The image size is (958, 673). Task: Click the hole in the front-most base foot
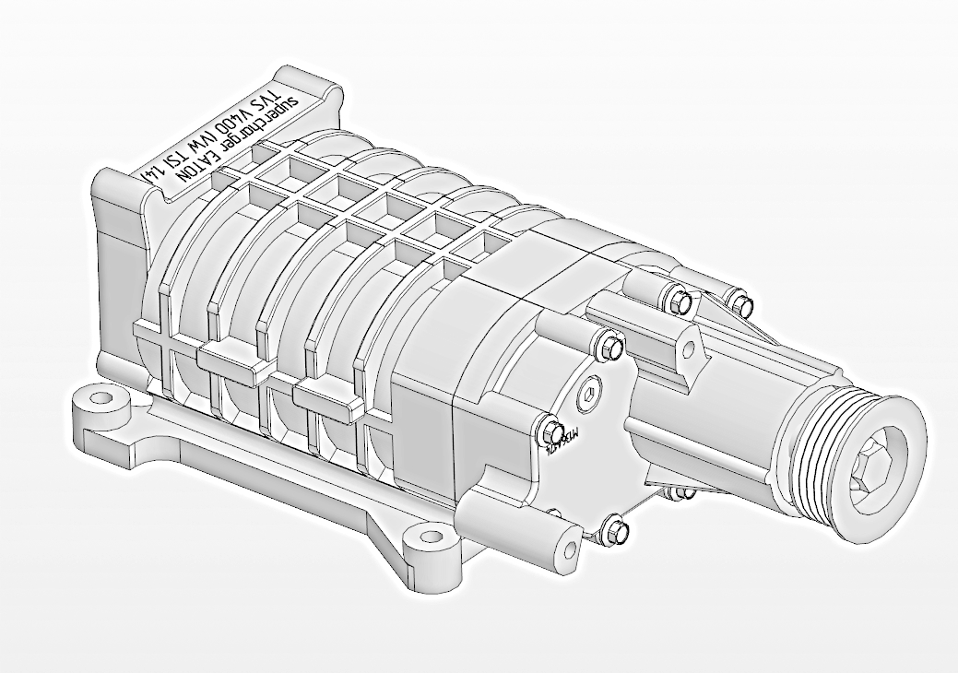(x=427, y=536)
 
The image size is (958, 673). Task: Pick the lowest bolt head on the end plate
(x=616, y=529)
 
